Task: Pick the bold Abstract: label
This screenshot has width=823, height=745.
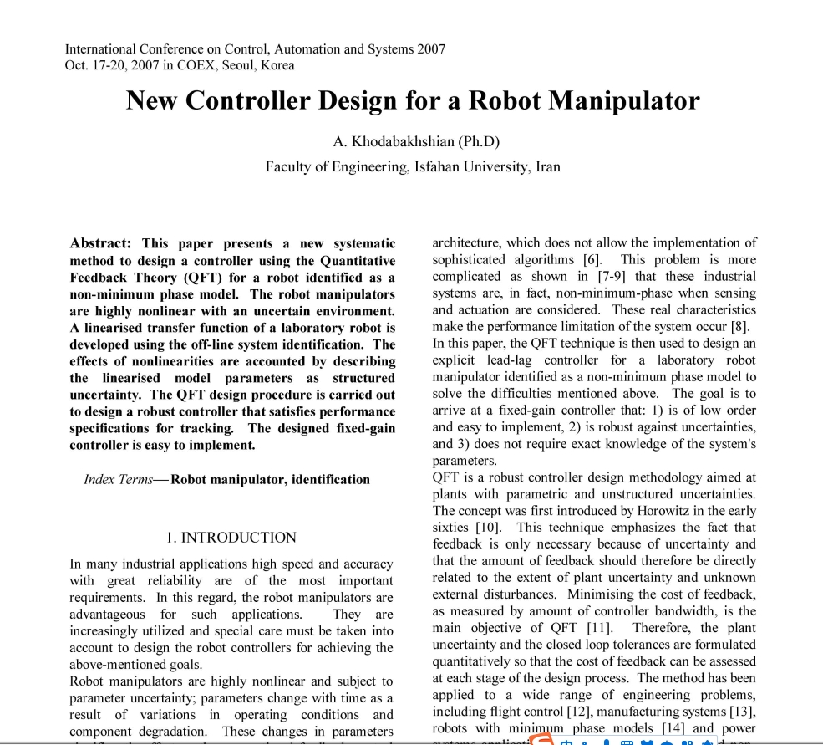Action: click(x=100, y=243)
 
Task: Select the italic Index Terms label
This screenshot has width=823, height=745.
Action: click(x=118, y=479)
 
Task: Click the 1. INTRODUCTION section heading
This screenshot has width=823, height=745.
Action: click(x=231, y=538)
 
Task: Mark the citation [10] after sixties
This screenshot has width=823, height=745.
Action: click(x=488, y=528)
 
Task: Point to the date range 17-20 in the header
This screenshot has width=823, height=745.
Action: click(x=106, y=65)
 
